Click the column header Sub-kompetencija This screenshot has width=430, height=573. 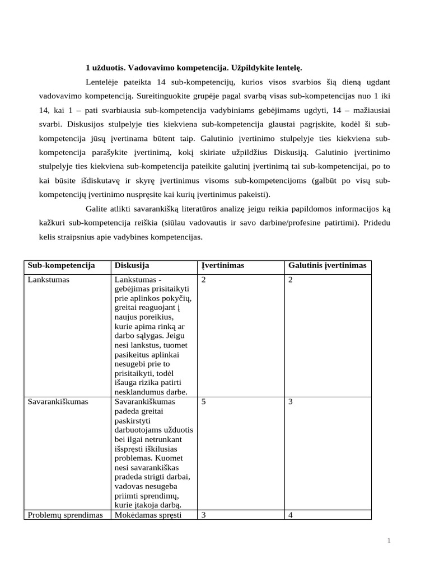(61, 265)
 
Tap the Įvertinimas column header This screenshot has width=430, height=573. (222, 265)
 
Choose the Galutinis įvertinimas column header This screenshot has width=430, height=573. (327, 265)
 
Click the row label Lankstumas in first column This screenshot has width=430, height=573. (49, 279)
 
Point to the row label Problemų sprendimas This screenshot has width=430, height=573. (65, 515)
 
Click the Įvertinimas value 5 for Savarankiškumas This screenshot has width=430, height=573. (203, 401)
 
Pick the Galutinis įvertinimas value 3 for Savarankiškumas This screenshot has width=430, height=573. (290, 401)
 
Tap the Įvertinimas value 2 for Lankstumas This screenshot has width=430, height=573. (203, 279)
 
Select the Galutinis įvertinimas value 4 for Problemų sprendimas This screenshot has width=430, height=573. (290, 515)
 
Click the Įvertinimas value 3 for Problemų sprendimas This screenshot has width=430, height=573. (203, 515)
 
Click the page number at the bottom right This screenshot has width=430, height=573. (388, 540)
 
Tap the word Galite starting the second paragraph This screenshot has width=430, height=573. (97, 209)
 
